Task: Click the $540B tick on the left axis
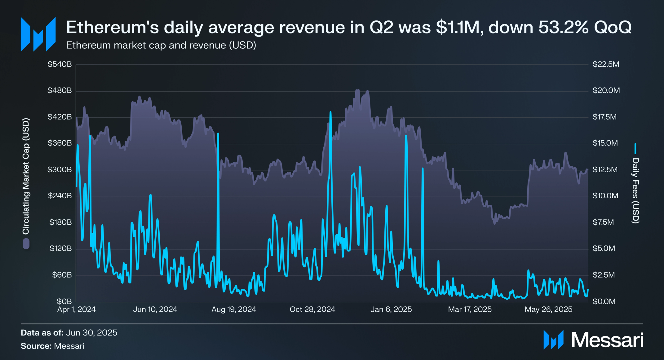[60, 64]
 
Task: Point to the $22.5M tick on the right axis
[606, 64]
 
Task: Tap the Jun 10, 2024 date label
[155, 310]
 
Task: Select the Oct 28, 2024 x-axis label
[312, 310]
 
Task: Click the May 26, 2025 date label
[548, 310]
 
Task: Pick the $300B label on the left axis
[60, 170]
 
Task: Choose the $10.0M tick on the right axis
[605, 196]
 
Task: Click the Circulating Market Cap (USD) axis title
[26, 176]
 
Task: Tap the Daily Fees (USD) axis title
[635, 191]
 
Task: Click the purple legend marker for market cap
[26, 244]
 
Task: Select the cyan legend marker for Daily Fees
[635, 149]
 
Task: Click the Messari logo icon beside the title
[38, 34]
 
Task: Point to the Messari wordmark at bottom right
[607, 340]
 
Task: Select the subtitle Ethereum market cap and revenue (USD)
[161, 45]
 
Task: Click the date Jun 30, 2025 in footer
[91, 333]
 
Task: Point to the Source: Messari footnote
[52, 346]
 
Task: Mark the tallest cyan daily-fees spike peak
[330, 112]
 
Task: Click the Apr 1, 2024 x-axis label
[77, 310]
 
